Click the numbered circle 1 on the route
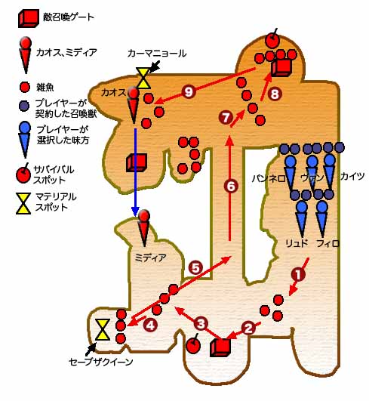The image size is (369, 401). [x=298, y=274]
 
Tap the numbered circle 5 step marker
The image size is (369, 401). [x=195, y=268]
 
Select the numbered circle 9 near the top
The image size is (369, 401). [x=189, y=92]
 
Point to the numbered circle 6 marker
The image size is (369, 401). [x=231, y=187]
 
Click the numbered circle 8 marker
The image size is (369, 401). [x=275, y=94]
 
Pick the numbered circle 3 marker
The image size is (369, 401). [x=201, y=323]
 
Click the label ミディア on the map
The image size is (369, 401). [x=150, y=258]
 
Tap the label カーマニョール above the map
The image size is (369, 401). [x=157, y=54]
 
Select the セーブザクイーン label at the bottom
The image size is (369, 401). [x=101, y=362]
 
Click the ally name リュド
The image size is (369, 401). [x=297, y=243]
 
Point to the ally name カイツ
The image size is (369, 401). [x=352, y=176]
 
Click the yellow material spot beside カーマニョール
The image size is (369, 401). [x=143, y=78]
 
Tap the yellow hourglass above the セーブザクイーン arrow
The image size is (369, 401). [x=103, y=329]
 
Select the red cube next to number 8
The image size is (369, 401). [x=281, y=68]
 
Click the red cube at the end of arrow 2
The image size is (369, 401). [x=220, y=348]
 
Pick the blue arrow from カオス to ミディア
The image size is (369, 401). [x=135, y=173]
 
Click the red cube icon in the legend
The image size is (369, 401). [x=29, y=18]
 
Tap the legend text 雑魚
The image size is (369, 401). [x=45, y=88]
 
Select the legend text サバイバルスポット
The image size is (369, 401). [x=54, y=174]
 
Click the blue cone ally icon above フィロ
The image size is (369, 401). [x=321, y=219]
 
